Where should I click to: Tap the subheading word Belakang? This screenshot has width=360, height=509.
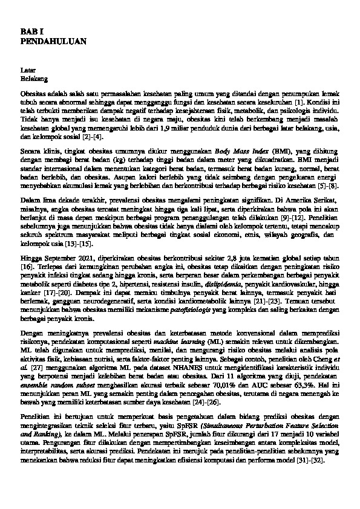pyautogui.click(x=34, y=78)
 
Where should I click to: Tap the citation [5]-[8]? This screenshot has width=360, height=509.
pyautogui.click(x=329, y=183)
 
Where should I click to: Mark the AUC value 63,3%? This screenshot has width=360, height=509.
pyautogui.click(x=326, y=383)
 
